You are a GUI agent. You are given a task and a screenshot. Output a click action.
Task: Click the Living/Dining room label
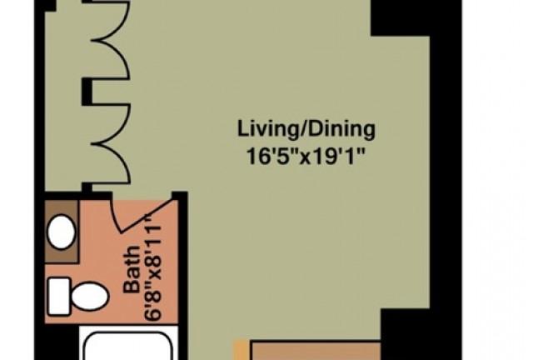pyautogui.click(x=306, y=129)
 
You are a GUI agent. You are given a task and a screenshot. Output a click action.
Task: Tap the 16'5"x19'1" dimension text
pyautogui.click(x=306, y=157)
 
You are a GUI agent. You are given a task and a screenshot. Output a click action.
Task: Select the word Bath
pyautogui.click(x=132, y=269)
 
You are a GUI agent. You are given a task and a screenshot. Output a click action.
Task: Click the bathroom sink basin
pyautogui.click(x=61, y=232)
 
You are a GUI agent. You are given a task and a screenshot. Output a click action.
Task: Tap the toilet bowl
pyautogui.click(x=90, y=297)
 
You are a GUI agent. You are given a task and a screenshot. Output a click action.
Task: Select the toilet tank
pyautogui.click(x=59, y=297)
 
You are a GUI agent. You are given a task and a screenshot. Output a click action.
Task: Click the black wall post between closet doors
pyautogui.click(x=87, y=92)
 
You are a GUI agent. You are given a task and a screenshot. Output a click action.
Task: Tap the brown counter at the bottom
pyautogui.click(x=316, y=351)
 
